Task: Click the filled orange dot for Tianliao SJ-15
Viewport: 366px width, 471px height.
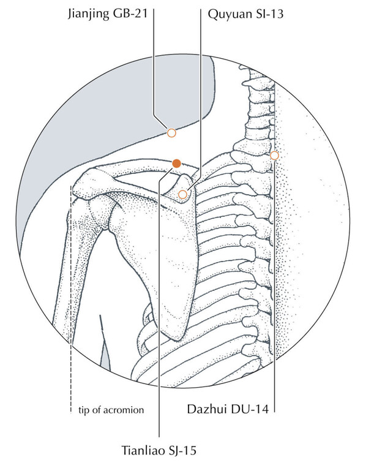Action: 176,164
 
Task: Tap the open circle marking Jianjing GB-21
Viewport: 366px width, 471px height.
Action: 171,132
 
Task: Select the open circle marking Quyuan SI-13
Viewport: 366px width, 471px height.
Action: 182,195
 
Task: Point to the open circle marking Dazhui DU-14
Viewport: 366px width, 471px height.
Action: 274,156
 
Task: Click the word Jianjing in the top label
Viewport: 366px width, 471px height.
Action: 89,14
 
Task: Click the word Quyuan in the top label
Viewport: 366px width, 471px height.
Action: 230,15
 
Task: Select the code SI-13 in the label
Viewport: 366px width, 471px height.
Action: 270,14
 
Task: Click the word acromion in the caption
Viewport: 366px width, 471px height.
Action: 124,410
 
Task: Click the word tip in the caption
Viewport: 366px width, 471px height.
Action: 84,410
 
